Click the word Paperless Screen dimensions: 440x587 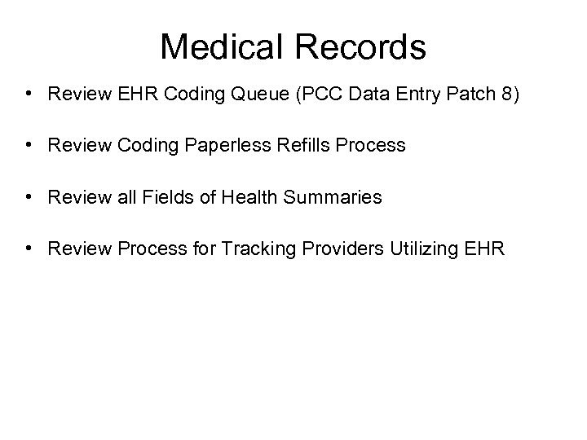214,146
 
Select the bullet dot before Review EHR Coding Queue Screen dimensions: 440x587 28,94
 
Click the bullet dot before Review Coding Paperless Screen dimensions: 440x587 28,146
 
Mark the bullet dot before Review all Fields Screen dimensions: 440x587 28,197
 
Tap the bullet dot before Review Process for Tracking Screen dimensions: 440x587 28,248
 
